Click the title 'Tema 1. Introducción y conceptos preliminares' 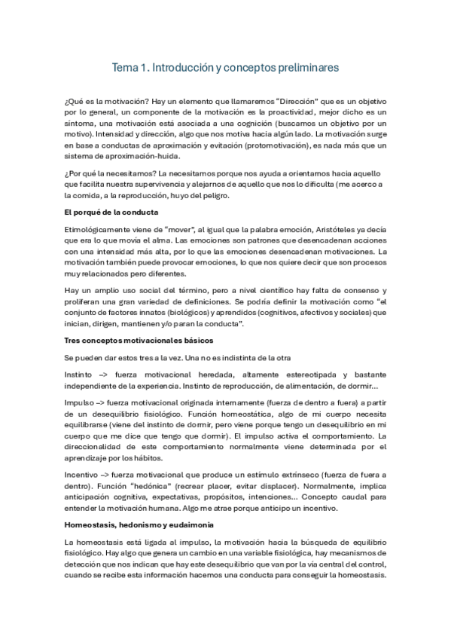225,68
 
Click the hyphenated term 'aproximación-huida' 143,157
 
